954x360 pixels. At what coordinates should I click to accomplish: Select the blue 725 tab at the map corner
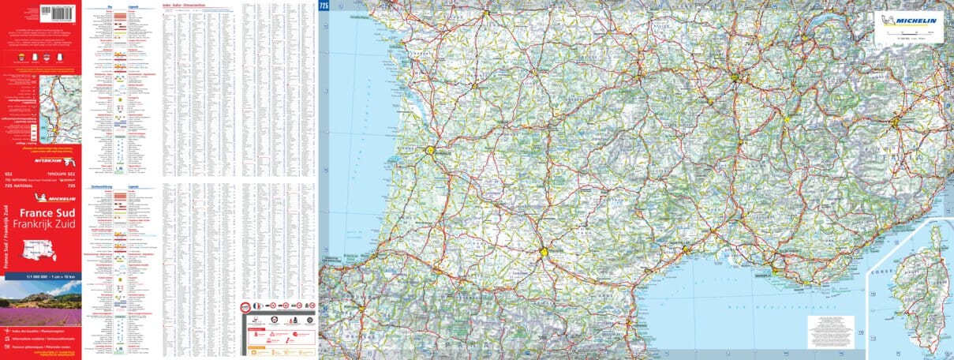point(324,6)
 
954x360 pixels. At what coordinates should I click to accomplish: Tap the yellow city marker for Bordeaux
point(431,149)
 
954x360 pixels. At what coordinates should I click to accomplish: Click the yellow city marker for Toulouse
point(544,252)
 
